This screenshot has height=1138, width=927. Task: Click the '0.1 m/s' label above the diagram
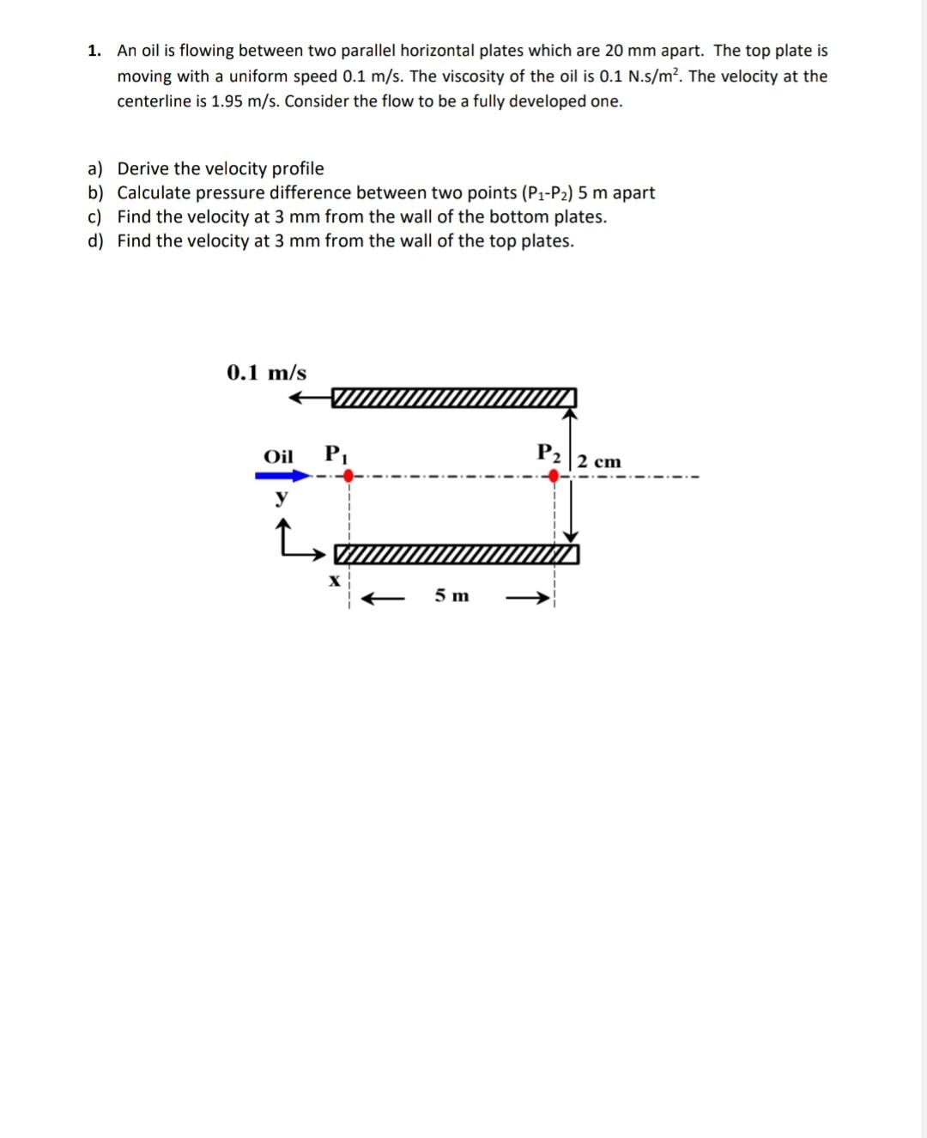266,373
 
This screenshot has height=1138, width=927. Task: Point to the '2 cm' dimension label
599,461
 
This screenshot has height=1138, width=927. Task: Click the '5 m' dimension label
451,595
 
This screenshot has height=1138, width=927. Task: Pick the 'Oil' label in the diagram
278,456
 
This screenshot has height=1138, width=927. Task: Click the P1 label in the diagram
336,454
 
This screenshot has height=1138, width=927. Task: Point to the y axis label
279,497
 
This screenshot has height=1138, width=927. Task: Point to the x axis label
334,580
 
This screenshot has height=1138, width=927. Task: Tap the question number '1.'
94,51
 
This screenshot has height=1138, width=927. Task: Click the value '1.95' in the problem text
227,101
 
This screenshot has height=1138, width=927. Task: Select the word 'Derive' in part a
143,168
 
